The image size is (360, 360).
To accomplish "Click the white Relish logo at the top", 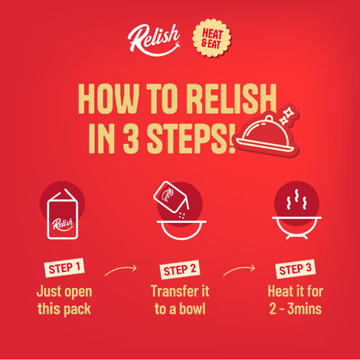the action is coord(154,40).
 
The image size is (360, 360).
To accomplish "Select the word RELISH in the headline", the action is coord(231,99).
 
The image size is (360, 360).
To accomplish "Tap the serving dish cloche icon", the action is coord(266,136).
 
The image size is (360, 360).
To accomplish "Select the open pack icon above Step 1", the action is coord(63,214).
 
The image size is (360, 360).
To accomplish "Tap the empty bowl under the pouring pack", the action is coord(182,230).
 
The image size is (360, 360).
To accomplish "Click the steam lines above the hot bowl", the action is coord(296,200).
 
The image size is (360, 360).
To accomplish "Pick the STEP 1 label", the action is coord(64,268).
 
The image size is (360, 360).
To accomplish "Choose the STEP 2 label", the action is coord(180,270).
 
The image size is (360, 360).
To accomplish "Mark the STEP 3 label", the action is coord(296,269).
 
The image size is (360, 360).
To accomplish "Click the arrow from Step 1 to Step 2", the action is coord(120,269).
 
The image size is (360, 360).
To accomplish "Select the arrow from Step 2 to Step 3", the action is coord(239,269).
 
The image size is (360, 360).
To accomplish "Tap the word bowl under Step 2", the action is coord(192,309).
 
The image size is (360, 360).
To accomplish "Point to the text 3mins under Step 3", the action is coord(305,309).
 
